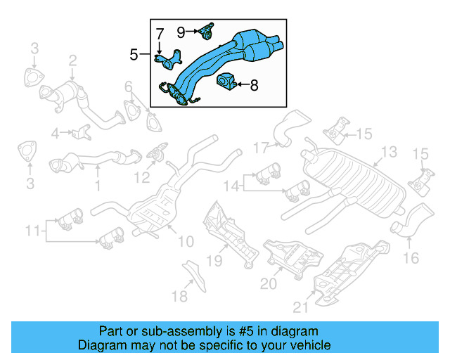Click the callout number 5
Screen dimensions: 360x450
point(134,53)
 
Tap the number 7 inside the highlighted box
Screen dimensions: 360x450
point(160,33)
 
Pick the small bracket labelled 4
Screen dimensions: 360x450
point(81,131)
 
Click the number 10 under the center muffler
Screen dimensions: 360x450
point(185,242)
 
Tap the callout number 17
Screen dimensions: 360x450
point(261,148)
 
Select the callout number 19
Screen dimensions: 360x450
point(214,262)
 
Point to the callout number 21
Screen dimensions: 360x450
point(301,306)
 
